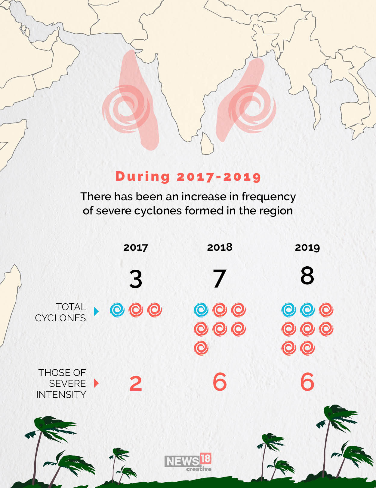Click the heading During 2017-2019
188,176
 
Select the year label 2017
136,247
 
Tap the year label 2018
220,247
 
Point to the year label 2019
307,247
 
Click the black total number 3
136,279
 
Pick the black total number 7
219,279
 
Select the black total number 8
307,275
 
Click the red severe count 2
136,383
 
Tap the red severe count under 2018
220,382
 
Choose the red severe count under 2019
307,382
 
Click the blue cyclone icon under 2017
117,310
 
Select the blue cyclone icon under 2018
201,310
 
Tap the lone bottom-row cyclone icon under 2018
201,348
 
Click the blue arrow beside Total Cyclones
96,311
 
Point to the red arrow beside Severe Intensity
96,383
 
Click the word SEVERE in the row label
67,383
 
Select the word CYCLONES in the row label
60,318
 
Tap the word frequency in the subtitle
269,197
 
